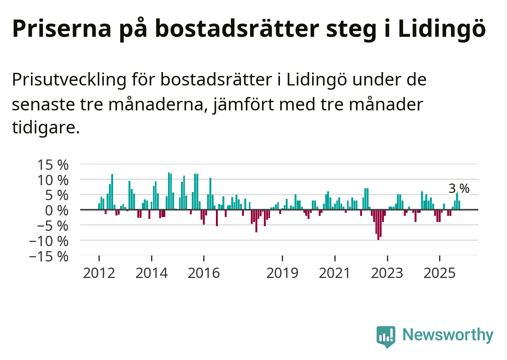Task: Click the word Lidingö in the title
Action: click(442, 28)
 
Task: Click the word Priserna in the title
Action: click(62, 28)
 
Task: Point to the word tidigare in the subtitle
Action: click(45, 127)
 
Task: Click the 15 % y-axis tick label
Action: click(53, 165)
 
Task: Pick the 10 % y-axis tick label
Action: click(53, 180)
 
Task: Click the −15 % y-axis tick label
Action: click(49, 256)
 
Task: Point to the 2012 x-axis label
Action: click(99, 273)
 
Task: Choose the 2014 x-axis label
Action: click(151, 273)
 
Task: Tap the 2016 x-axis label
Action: click(204, 273)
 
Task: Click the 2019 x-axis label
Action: click(282, 273)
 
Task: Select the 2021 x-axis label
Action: click(335, 273)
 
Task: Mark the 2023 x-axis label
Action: click(387, 273)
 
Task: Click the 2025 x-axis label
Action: click(440, 273)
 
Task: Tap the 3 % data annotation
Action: click(459, 188)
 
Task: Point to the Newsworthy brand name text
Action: click(448, 335)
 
